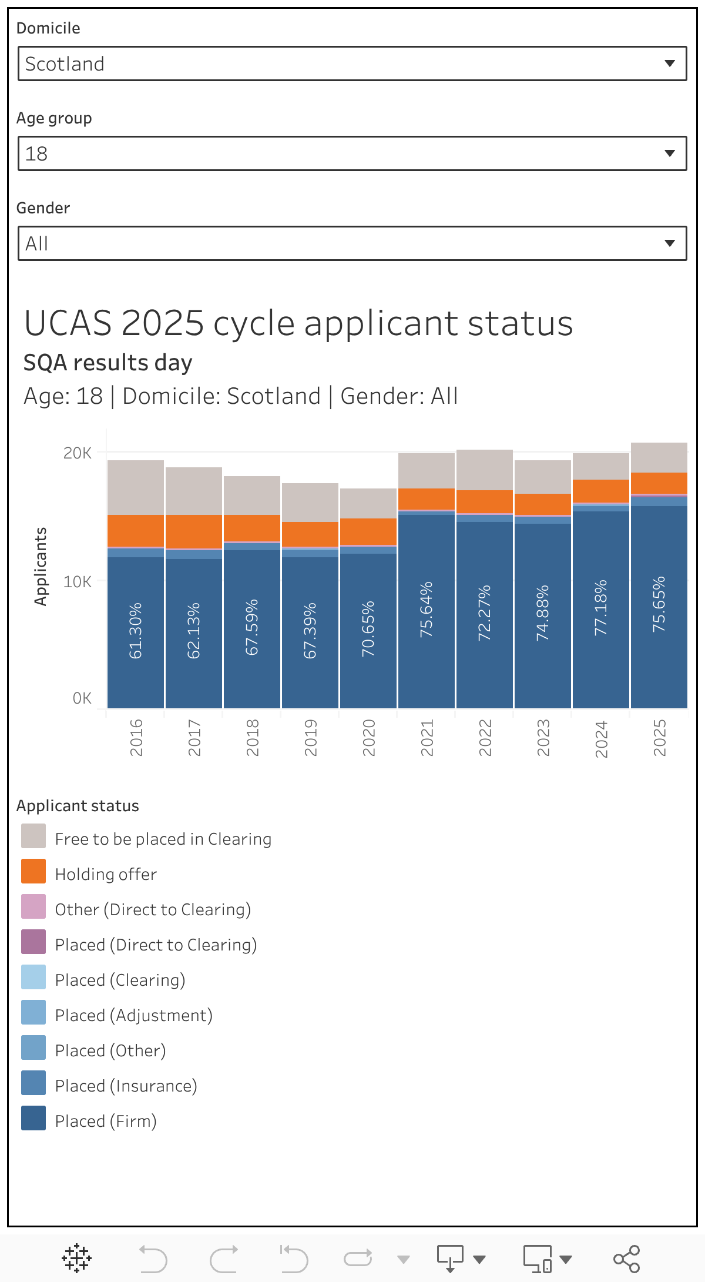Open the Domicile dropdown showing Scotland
(352, 63)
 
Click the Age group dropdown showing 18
(352, 153)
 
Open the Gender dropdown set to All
(352, 243)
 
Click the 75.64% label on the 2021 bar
(426, 610)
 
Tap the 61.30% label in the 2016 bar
(135, 630)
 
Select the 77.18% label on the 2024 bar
(600, 608)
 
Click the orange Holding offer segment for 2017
(193, 531)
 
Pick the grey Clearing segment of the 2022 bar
(484, 470)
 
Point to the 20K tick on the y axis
(78, 453)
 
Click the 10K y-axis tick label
(78, 582)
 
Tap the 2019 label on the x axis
(310, 738)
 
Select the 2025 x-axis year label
(659, 738)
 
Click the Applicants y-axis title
(40, 566)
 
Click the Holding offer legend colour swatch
(33, 871)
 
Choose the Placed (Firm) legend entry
(106, 1121)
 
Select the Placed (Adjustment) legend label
(133, 1015)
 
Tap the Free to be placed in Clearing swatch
(33, 836)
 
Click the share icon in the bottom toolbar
(626, 1258)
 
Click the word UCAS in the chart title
(68, 323)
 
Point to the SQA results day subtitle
(108, 363)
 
